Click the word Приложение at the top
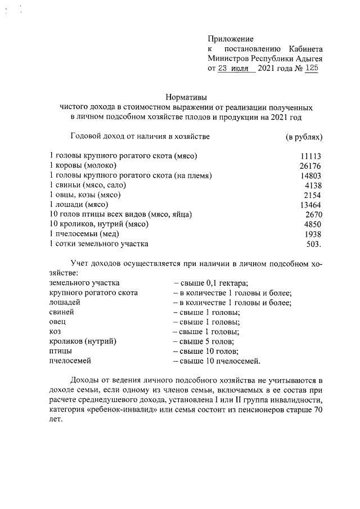[231, 39]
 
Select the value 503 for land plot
[313, 244]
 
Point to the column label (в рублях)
[304, 136]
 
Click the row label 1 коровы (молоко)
[83, 165]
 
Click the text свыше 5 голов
[206, 341]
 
